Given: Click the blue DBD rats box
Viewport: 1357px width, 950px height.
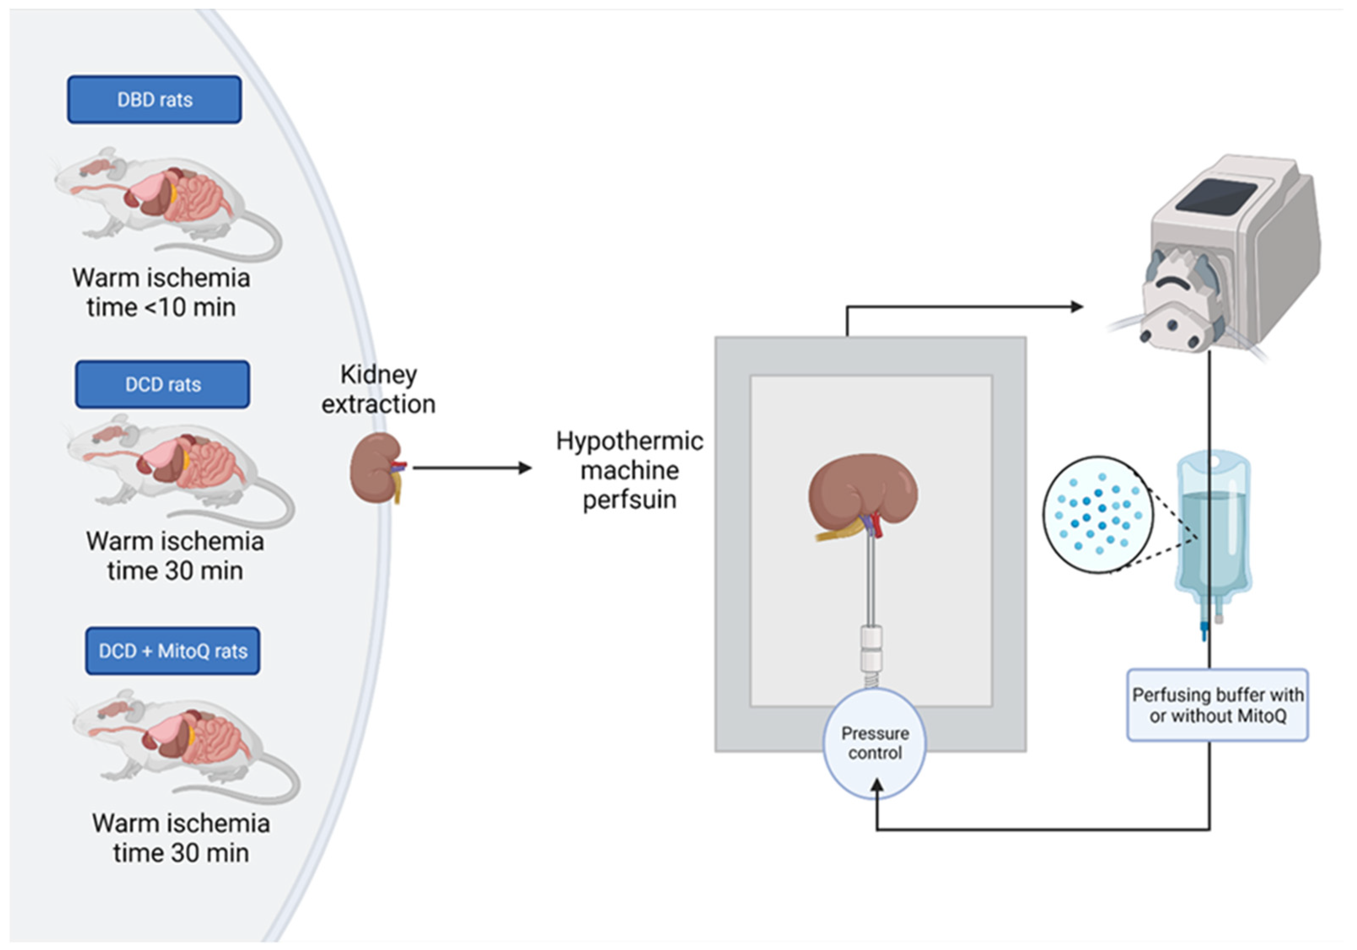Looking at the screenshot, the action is [154, 99].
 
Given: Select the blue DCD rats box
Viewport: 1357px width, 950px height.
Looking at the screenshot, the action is [163, 384].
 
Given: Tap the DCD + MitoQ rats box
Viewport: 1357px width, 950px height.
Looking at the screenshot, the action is [172, 650].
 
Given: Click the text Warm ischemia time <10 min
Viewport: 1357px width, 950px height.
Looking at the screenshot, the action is [161, 292].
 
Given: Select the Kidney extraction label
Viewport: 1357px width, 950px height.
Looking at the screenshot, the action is [378, 389].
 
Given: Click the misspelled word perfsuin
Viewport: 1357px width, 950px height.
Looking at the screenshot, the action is [629, 500].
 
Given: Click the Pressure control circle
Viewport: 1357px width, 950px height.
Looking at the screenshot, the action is [875, 743].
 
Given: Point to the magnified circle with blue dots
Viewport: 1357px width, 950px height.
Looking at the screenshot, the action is [1098, 514].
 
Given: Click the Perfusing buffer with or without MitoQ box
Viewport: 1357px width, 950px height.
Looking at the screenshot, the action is [1217, 705].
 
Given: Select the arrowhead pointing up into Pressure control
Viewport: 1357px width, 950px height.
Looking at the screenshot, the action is [877, 786].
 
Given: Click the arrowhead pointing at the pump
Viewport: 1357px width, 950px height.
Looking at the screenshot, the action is [1076, 307].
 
